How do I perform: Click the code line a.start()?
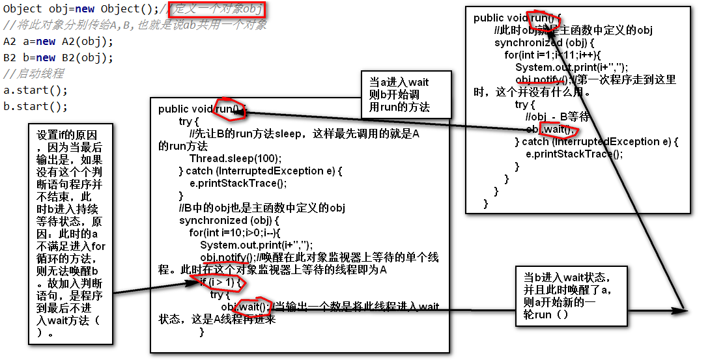click(35, 90)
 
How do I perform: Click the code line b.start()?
click(35, 106)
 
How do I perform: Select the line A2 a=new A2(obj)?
click(58, 42)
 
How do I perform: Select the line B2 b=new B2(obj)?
click(58, 58)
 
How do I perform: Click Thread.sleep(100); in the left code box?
click(235, 158)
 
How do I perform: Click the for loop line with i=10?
click(234, 232)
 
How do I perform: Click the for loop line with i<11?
click(552, 55)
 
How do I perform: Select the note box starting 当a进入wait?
click(406, 94)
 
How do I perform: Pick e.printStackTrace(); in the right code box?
click(574, 154)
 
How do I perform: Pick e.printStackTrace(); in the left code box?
click(238, 183)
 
